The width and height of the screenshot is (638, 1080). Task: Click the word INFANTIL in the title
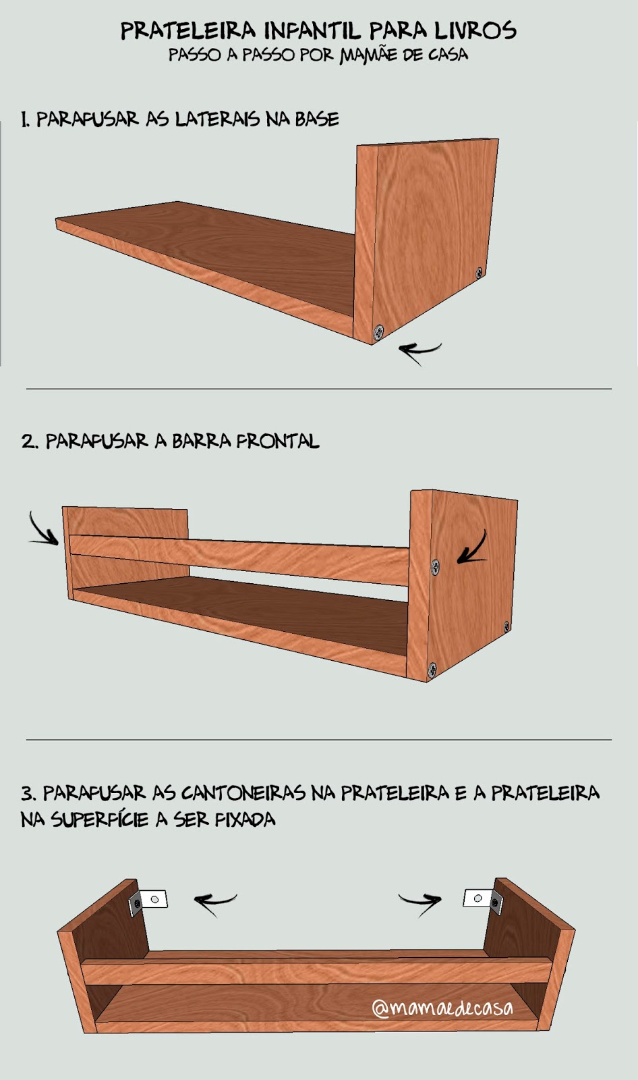click(x=312, y=31)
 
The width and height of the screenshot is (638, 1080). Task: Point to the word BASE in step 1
click(x=317, y=119)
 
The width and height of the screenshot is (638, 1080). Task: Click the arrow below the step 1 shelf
click(x=419, y=352)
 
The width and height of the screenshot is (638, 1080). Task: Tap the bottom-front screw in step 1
click(x=379, y=331)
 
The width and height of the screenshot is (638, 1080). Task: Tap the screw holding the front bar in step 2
click(x=435, y=568)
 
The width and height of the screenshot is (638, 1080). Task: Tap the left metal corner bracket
click(x=148, y=902)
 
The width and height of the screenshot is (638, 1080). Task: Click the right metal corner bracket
click(x=483, y=900)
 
